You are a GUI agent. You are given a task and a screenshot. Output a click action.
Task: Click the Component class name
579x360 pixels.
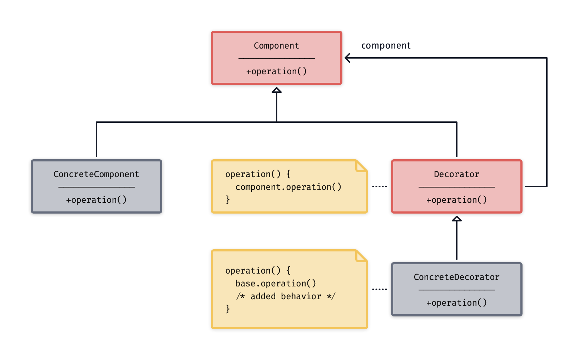pyautogui.click(x=276, y=46)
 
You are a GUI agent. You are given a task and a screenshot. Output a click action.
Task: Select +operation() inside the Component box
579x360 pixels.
pyautogui.click(x=276, y=71)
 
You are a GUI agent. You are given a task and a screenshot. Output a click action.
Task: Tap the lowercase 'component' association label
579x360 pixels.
pyautogui.click(x=386, y=46)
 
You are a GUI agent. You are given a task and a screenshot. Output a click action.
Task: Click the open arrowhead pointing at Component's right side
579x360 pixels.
pyautogui.click(x=347, y=58)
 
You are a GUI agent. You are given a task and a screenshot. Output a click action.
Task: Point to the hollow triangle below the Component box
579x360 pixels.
pyautogui.click(x=277, y=90)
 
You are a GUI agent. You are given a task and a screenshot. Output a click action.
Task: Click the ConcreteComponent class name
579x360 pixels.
pyautogui.click(x=96, y=174)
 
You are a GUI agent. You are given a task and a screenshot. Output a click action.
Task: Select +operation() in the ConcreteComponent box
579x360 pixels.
pyautogui.click(x=96, y=200)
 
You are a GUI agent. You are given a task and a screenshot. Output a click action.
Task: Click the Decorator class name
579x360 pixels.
pyautogui.click(x=456, y=174)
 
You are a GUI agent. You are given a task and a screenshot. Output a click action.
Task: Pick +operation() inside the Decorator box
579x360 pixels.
pyautogui.click(x=456, y=200)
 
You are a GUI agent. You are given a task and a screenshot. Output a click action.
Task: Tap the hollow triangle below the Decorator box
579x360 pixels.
pyautogui.click(x=457, y=219)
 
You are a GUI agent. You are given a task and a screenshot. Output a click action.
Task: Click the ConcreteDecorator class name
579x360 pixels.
pyautogui.click(x=456, y=277)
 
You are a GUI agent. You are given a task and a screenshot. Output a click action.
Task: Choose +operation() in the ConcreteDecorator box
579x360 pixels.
pyautogui.click(x=456, y=303)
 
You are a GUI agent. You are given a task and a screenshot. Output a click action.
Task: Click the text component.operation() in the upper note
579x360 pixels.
pyautogui.click(x=288, y=187)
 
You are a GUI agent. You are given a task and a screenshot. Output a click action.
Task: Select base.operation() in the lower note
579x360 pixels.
pyautogui.click(x=276, y=284)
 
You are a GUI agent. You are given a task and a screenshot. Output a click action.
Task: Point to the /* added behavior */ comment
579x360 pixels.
pyautogui.click(x=286, y=296)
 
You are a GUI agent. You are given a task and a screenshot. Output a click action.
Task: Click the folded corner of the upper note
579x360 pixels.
pyautogui.click(x=361, y=166)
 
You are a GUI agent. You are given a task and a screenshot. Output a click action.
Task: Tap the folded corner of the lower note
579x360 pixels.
pyautogui.click(x=361, y=256)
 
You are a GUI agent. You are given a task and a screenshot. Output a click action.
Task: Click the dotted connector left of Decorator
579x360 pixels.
pyautogui.click(x=380, y=186)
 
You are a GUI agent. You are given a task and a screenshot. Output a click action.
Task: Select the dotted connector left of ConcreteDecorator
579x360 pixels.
pyautogui.click(x=380, y=289)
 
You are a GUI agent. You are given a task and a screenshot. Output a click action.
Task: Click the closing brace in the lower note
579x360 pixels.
pyautogui.click(x=228, y=309)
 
